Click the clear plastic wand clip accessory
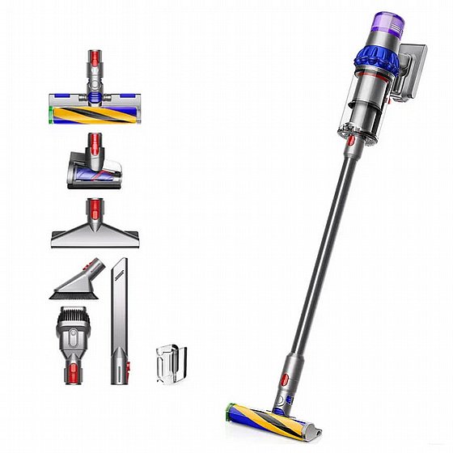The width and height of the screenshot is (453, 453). (x=171, y=364)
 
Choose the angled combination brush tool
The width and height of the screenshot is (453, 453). (x=78, y=281)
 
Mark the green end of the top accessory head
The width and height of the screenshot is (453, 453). (x=53, y=113)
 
